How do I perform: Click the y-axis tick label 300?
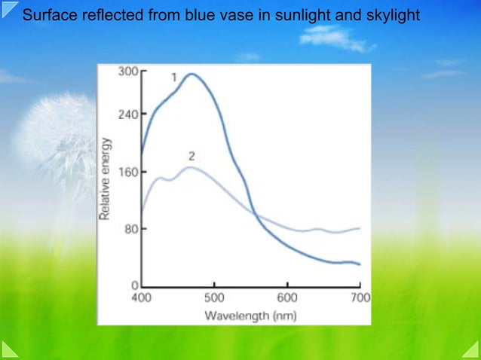pyautogui.click(x=129, y=72)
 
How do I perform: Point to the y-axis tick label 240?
pyautogui.click(x=129, y=114)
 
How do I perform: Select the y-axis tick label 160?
pyautogui.click(x=129, y=172)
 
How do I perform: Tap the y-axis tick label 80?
pyautogui.click(x=131, y=229)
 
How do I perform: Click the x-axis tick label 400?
pyautogui.click(x=142, y=297)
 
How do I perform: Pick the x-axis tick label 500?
pyautogui.click(x=214, y=297)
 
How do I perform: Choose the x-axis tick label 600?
pyautogui.click(x=287, y=297)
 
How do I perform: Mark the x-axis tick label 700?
pyautogui.click(x=360, y=297)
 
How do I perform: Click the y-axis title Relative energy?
pyautogui.click(x=106, y=179)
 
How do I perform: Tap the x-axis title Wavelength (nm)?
pyautogui.click(x=250, y=315)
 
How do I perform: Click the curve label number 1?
pyautogui.click(x=174, y=77)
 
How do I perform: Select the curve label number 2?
pyautogui.click(x=191, y=157)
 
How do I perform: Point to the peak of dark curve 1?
pyautogui.click(x=191, y=74)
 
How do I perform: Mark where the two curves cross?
pyautogui.click(x=254, y=212)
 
